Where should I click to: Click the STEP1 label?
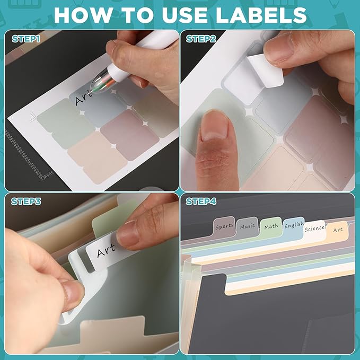click(x=25, y=39)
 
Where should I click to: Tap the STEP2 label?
click(x=201, y=39)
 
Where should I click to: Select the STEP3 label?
click(x=26, y=201)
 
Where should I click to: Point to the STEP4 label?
click(x=201, y=201)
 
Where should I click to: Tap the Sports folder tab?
click(x=224, y=227)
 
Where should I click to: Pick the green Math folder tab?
click(x=271, y=227)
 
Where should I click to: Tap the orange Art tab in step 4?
click(x=338, y=230)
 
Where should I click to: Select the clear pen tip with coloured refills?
click(x=100, y=82)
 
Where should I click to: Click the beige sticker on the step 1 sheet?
click(x=98, y=159)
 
